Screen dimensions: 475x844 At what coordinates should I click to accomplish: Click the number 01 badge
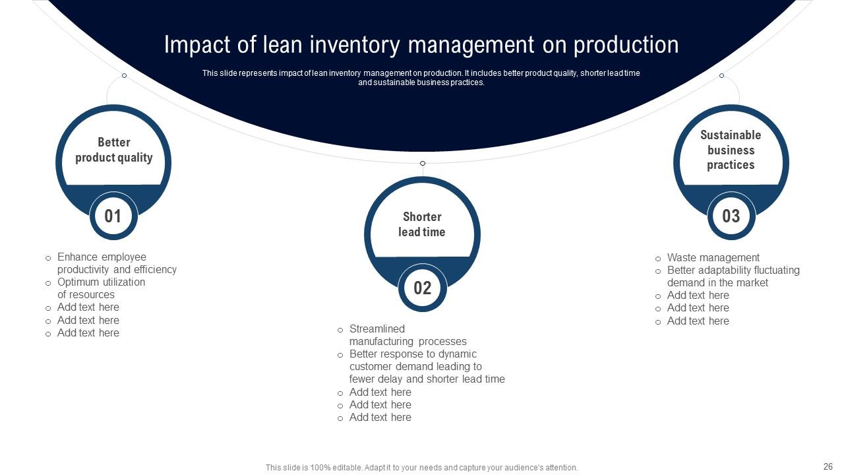[x=113, y=216]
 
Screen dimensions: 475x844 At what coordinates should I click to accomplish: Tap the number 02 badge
[x=422, y=288]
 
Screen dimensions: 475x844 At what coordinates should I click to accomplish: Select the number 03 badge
[x=731, y=216]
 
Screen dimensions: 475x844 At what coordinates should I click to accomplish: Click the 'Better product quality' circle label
[x=113, y=150]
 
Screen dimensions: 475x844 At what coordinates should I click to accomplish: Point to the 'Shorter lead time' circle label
[x=422, y=224]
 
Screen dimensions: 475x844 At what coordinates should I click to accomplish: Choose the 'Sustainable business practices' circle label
[x=731, y=150]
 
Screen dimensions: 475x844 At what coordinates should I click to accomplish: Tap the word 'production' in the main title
[x=626, y=45]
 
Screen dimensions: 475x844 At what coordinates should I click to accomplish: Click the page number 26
[x=828, y=466]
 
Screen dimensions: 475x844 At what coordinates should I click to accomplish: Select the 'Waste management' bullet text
[x=713, y=258]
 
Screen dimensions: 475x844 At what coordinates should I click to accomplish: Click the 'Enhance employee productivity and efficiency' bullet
[x=117, y=263]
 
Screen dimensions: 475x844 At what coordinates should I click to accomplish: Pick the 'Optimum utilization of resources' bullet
[x=101, y=288]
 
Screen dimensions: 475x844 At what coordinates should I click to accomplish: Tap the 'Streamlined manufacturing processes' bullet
[x=407, y=335]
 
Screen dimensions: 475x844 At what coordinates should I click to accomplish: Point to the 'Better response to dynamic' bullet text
[x=413, y=354]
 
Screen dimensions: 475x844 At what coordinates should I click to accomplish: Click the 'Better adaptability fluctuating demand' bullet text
[x=733, y=276]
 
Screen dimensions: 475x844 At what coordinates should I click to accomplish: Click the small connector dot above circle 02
[x=423, y=164]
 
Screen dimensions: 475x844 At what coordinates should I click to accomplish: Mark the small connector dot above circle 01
[x=124, y=76]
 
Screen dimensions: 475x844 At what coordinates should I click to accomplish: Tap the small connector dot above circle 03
[x=721, y=76]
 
